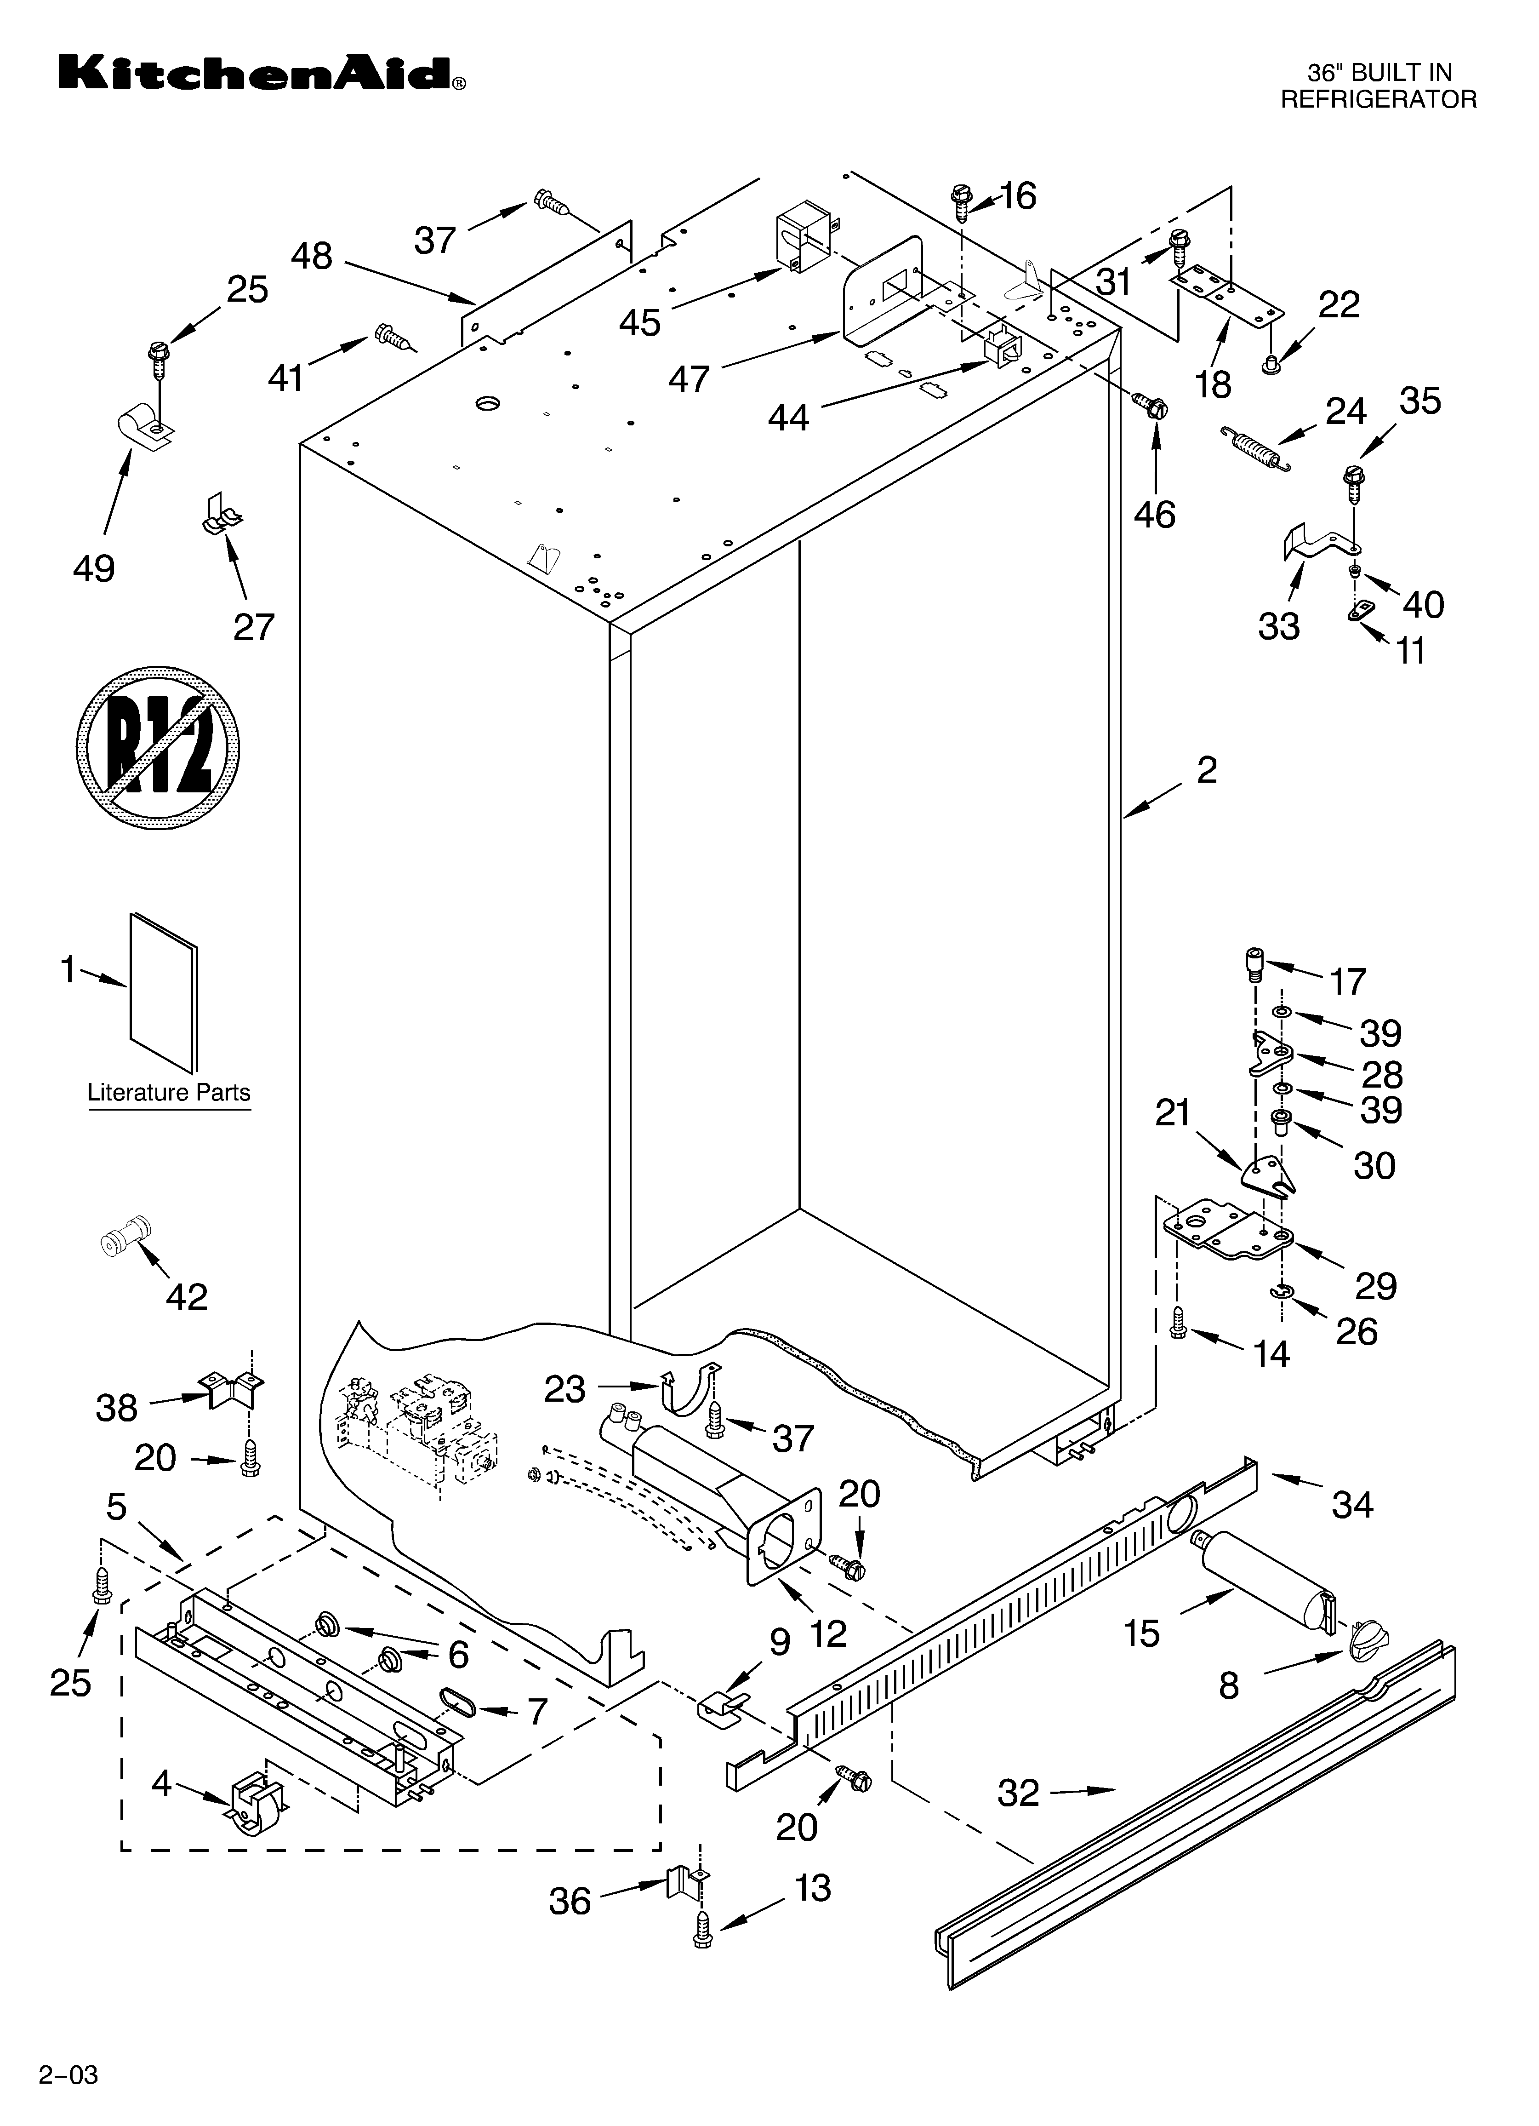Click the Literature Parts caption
point(169,1093)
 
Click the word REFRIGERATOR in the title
point(1378,99)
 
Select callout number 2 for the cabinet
point(1206,771)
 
